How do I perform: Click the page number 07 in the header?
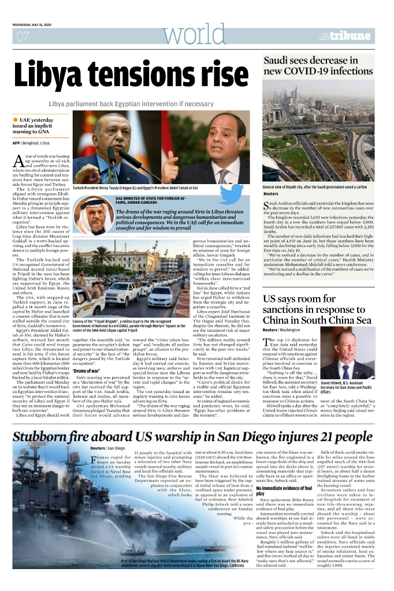point(23,38)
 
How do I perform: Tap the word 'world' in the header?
point(184,36)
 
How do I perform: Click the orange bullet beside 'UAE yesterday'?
point(16,119)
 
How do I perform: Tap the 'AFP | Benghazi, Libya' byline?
point(31,143)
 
